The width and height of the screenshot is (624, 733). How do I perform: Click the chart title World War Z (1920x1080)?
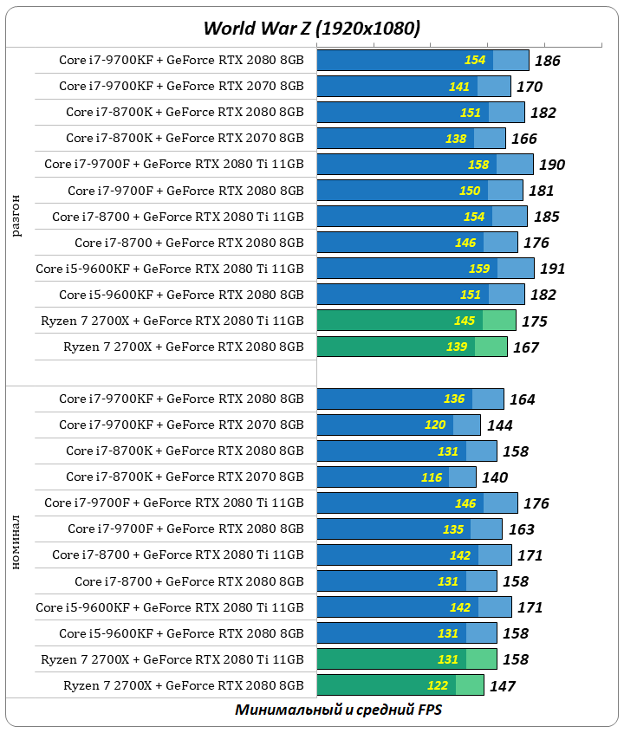pyautogui.click(x=312, y=28)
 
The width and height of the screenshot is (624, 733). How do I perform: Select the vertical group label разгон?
pyautogui.click(x=18, y=217)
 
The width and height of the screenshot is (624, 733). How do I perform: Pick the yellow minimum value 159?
pyautogui.click(x=478, y=269)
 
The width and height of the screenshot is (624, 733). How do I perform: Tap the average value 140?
pyautogui.click(x=494, y=477)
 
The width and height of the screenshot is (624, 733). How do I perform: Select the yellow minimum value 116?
pyautogui.click(x=432, y=477)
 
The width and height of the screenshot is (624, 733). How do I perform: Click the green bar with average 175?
pyautogui.click(x=416, y=321)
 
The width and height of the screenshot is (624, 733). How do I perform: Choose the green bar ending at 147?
pyautogui.click(x=400, y=685)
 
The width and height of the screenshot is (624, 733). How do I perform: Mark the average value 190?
pyautogui.click(x=551, y=165)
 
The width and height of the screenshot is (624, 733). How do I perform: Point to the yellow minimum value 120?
pyautogui.click(x=435, y=425)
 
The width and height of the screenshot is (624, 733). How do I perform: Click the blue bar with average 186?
pyautogui.click(x=422, y=60)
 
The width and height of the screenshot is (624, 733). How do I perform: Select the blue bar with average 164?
pyautogui.click(x=410, y=399)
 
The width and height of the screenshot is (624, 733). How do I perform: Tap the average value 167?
pyautogui.click(x=525, y=347)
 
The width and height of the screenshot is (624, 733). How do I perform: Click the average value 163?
pyautogui.click(x=521, y=529)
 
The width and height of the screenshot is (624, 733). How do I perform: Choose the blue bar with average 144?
pyautogui.click(x=399, y=425)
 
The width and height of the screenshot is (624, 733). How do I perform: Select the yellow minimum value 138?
pyautogui.click(x=456, y=139)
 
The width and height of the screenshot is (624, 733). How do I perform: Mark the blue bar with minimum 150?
pyautogui.click(x=419, y=191)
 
